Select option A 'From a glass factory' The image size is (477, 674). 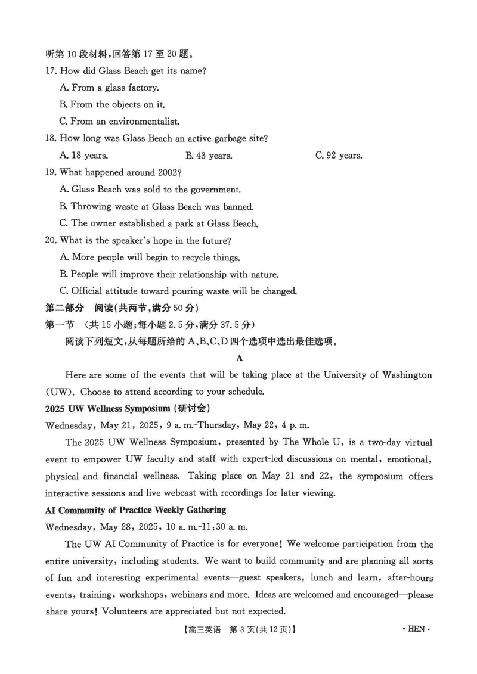pos(110,88)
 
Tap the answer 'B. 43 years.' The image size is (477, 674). pos(209,156)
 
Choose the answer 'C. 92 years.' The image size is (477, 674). pos(339,156)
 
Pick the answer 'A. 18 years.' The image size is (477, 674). pos(84,156)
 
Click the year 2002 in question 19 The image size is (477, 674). pos(165,173)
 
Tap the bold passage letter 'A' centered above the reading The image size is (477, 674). pos(240,358)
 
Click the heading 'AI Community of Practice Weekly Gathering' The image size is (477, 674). pos(136,510)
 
